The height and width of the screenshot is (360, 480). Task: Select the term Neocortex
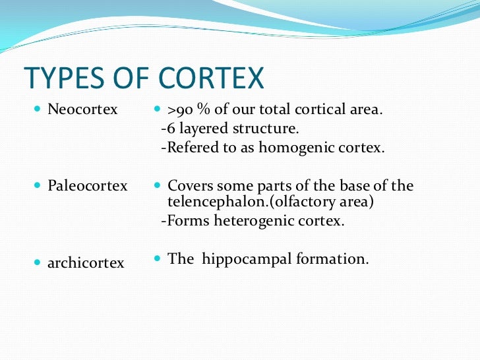(x=82, y=109)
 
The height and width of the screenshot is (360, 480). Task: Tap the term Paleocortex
(x=87, y=186)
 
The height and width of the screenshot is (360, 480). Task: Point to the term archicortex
(x=86, y=263)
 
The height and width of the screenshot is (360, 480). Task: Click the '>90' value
(x=182, y=109)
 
